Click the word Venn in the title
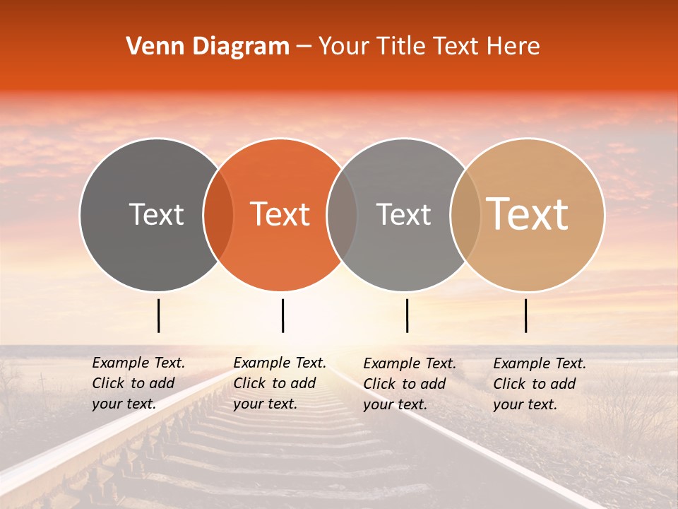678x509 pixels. coord(152,47)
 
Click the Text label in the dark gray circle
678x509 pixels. coord(156,214)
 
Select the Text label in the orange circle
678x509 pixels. coord(280,214)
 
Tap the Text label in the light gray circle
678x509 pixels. coord(403,214)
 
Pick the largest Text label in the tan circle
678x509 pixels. coord(528,213)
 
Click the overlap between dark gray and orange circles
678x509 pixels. coord(218,214)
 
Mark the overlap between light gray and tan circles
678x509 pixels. coord(465,214)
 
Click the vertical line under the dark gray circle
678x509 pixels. coord(159,315)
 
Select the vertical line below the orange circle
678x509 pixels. coord(282,315)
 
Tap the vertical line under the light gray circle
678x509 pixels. coord(407,315)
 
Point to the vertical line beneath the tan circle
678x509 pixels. coord(526,315)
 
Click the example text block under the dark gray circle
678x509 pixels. coord(138,383)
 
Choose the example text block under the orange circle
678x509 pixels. coord(279,383)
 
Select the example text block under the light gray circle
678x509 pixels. coord(409,384)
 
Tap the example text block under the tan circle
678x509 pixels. coord(539,384)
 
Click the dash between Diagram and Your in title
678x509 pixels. coord(304,47)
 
